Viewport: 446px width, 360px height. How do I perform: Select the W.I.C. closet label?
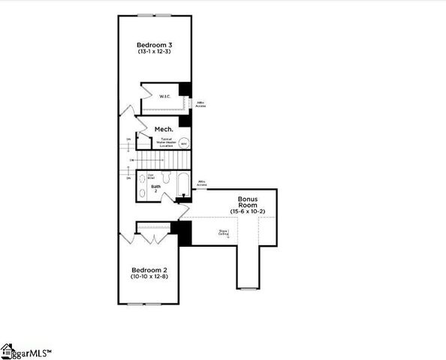click(165, 96)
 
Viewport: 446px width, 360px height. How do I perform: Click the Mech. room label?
click(164, 130)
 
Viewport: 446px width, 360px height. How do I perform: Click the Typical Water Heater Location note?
click(165, 142)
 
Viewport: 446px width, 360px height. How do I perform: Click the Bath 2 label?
click(155, 188)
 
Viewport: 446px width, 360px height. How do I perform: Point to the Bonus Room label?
click(249, 202)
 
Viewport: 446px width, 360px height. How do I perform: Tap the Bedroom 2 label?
click(149, 270)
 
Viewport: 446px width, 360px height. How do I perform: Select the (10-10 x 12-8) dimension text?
click(149, 277)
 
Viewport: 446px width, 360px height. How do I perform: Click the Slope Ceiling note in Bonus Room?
click(223, 232)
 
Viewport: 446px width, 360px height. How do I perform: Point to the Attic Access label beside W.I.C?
click(200, 104)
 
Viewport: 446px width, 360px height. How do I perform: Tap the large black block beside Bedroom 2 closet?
click(184, 233)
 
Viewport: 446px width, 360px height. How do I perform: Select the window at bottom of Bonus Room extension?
click(249, 288)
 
